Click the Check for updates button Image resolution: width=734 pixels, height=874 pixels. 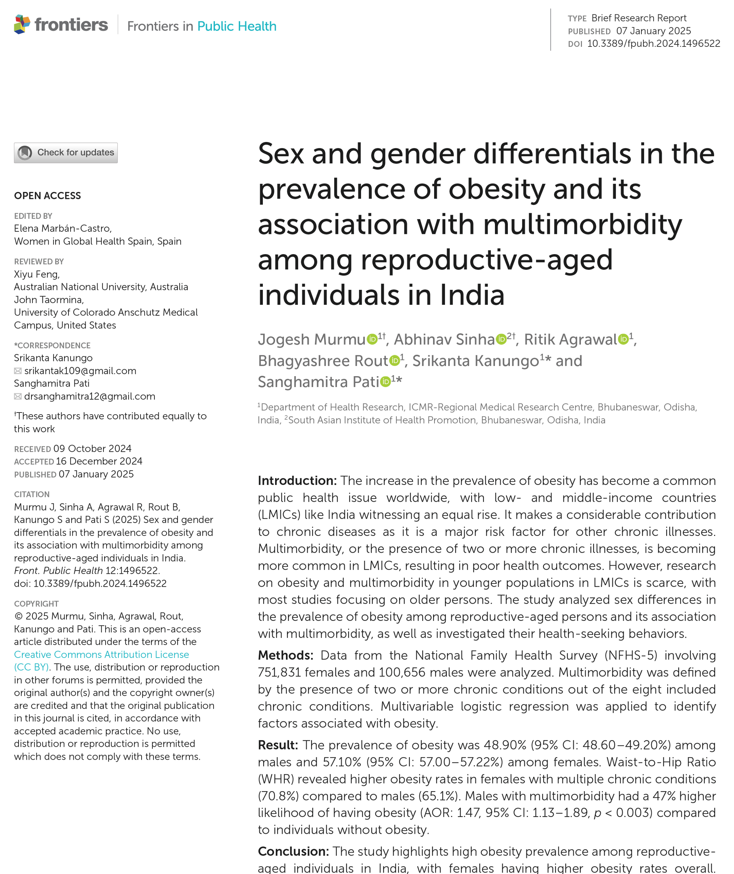coord(66,153)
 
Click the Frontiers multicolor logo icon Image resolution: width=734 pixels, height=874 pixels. coord(22,24)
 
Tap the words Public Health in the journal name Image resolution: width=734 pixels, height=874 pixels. coord(236,26)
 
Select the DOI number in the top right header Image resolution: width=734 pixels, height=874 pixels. coord(653,44)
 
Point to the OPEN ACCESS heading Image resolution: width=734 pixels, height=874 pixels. coord(48,196)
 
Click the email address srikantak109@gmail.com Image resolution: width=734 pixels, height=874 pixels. coord(80,371)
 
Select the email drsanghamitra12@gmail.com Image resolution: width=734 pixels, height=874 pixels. coord(89,396)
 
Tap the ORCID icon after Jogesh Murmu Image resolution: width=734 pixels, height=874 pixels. coord(372,339)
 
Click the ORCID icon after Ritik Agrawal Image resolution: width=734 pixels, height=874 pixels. coord(623,339)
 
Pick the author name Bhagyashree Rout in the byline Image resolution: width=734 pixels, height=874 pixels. coord(323,361)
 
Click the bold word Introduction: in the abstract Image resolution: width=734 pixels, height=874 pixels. coord(297,481)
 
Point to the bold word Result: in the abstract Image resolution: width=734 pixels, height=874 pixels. coord(278,745)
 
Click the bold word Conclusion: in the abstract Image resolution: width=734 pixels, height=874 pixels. coord(293,852)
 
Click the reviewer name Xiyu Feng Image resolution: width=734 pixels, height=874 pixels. coord(37,274)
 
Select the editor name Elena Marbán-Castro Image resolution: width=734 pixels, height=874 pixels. coord(63,229)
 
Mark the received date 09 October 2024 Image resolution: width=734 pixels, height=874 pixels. coord(92,449)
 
